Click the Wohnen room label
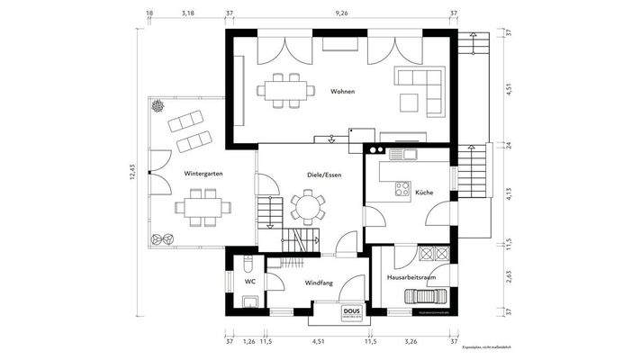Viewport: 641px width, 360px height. [342, 92]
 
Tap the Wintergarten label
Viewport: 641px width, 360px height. [203, 172]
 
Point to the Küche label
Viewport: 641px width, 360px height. [424, 192]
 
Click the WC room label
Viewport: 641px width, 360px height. [249, 282]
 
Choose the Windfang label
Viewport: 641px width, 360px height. [319, 283]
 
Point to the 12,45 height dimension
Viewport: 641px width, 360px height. [131, 172]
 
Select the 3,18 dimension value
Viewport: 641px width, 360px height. [188, 13]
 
